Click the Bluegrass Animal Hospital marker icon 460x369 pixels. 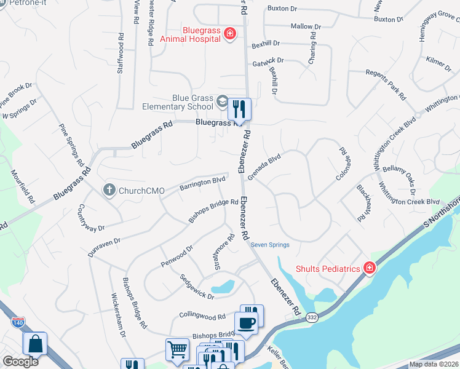tap(229, 33)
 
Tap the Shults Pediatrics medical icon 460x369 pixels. tap(369, 268)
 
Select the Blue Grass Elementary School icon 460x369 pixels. tap(221, 100)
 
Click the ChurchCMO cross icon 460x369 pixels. tap(109, 190)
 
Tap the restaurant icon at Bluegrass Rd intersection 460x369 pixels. tap(239, 109)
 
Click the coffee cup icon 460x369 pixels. tap(246, 323)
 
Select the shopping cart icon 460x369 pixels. tap(177, 349)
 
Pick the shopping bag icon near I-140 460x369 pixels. tap(35, 344)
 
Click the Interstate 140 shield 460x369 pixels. tap(18, 321)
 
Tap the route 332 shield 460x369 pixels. tap(312, 315)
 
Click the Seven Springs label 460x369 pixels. tap(270, 245)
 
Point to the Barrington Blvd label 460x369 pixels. tap(202, 183)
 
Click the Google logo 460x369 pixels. tap(20, 362)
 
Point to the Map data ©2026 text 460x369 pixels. tap(433, 364)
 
